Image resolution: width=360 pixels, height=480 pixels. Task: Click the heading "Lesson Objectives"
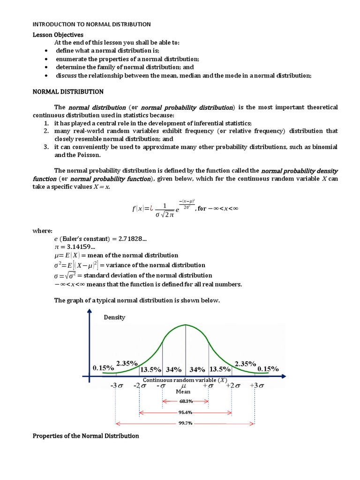pyautogui.click(x=58, y=34)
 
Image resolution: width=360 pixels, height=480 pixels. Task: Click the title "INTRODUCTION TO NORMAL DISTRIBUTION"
pyautogui.click(x=91, y=24)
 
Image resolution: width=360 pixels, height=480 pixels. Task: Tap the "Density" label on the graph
pyautogui.click(x=114, y=317)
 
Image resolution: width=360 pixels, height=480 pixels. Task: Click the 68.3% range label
pyautogui.click(x=186, y=401)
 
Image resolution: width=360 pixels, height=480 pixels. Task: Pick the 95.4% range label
pyautogui.click(x=186, y=412)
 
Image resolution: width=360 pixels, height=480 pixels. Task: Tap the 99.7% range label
pyautogui.click(x=186, y=423)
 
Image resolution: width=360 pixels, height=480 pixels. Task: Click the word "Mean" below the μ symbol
pyautogui.click(x=183, y=391)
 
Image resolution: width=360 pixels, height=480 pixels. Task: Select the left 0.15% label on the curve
pyautogui.click(x=104, y=368)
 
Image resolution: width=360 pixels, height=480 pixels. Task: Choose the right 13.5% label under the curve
pyautogui.click(x=219, y=368)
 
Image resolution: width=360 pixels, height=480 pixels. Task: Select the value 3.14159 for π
pyautogui.click(x=78, y=247)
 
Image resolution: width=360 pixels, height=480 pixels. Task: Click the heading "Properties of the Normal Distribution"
pyautogui.click(x=86, y=436)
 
